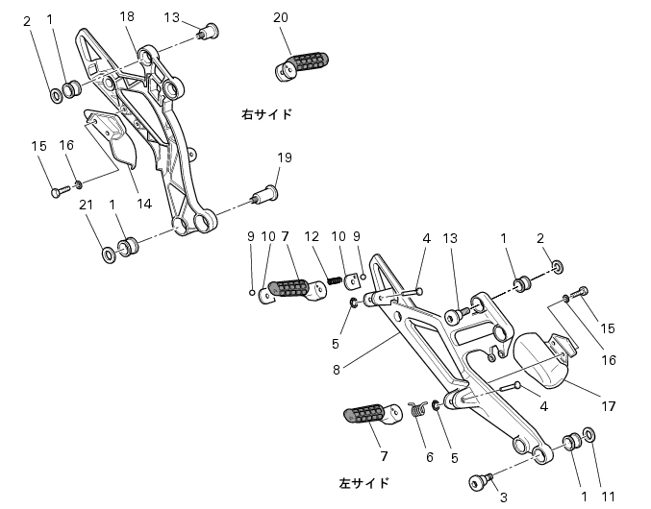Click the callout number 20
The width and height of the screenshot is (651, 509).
(x=281, y=17)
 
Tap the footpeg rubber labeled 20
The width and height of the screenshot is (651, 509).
(x=301, y=65)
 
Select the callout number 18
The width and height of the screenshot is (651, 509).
(x=127, y=16)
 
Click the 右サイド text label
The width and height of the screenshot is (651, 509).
(x=267, y=114)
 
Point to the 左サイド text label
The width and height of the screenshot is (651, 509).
(x=364, y=483)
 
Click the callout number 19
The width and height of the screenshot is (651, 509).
(x=285, y=158)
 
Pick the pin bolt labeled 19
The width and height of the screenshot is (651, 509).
(x=265, y=194)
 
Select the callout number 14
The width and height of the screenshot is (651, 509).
(x=144, y=204)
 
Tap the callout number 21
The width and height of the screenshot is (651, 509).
(x=86, y=205)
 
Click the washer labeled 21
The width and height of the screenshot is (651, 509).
(x=109, y=254)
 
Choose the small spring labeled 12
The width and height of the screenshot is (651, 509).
(x=334, y=280)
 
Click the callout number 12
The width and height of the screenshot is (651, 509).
(x=312, y=236)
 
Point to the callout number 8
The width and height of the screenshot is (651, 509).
(x=337, y=370)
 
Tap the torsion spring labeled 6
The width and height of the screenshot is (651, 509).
(x=418, y=409)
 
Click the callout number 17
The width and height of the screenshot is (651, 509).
(x=609, y=406)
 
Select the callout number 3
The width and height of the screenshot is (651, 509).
(x=503, y=497)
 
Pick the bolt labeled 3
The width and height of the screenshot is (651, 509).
(x=481, y=482)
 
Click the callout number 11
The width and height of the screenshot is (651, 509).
(x=608, y=497)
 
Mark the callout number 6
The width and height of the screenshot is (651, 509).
(x=429, y=457)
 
